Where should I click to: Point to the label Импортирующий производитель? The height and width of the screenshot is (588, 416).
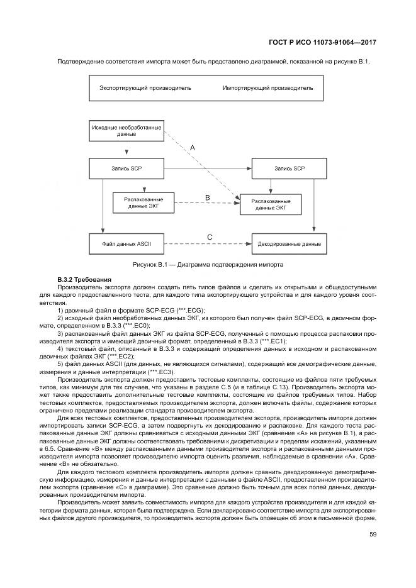(x=267, y=88)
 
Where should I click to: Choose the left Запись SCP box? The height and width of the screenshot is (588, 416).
(x=126, y=169)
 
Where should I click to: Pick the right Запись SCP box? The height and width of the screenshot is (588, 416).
(x=290, y=169)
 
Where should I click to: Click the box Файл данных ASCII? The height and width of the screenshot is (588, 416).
(x=126, y=243)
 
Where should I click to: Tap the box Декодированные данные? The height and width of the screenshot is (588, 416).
(x=290, y=243)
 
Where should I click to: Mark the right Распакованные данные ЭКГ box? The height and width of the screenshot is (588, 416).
(x=271, y=202)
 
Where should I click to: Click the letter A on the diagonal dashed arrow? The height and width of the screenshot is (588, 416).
(x=193, y=147)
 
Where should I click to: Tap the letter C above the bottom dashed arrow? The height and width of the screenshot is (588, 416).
(x=209, y=236)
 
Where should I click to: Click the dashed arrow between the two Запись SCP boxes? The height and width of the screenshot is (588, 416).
(x=208, y=169)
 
